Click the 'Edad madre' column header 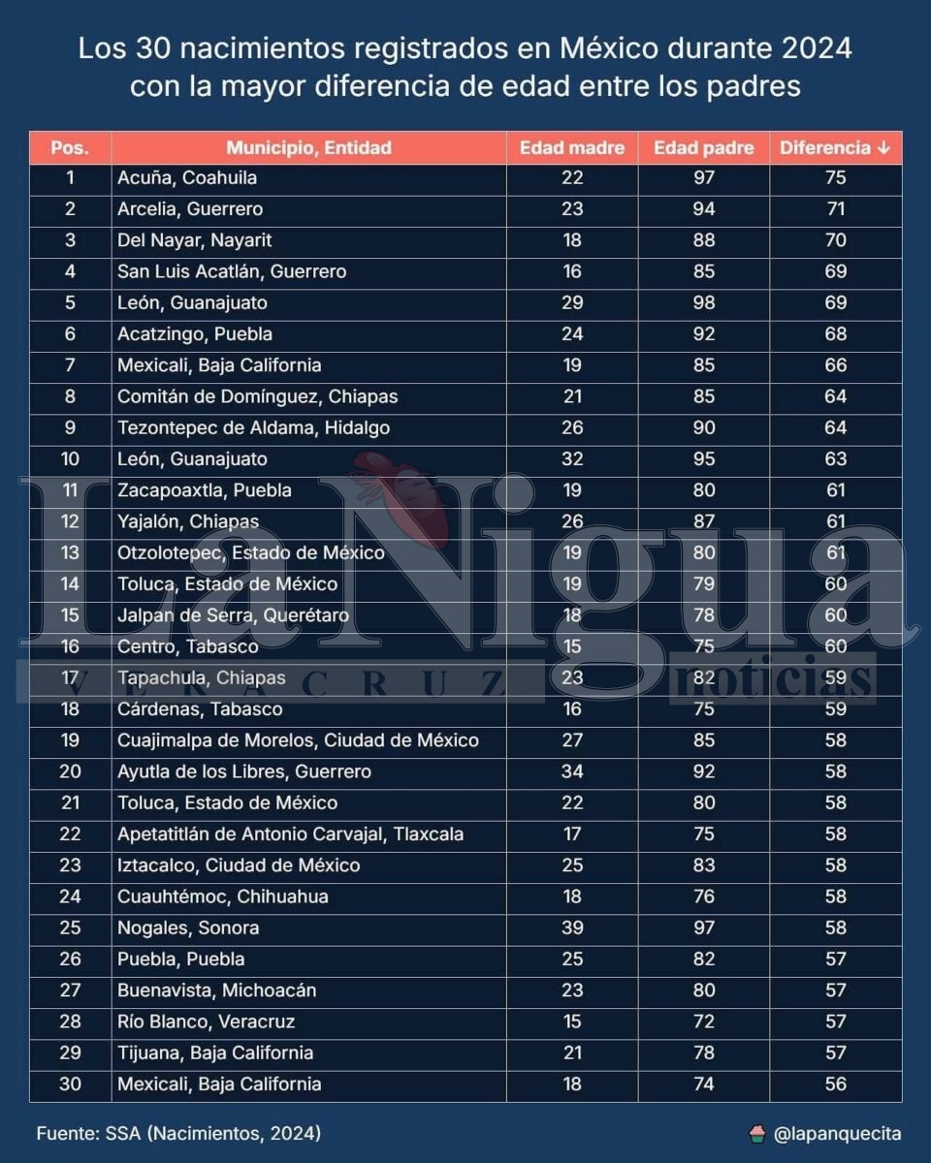571,148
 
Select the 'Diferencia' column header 834,148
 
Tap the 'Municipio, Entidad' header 308,148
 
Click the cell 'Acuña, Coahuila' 187,178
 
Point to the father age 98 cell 703,303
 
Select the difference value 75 835,178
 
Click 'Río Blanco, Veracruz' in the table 206,1022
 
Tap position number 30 70,1084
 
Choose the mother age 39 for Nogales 571,928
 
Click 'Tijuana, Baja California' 215,1053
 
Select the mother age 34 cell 571,772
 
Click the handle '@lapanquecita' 837,1133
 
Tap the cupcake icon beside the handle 757,1133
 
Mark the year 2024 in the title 813,48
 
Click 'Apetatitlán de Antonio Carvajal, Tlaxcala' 290,834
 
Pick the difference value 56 835,1084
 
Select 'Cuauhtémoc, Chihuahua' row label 222,897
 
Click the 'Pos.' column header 70,148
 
